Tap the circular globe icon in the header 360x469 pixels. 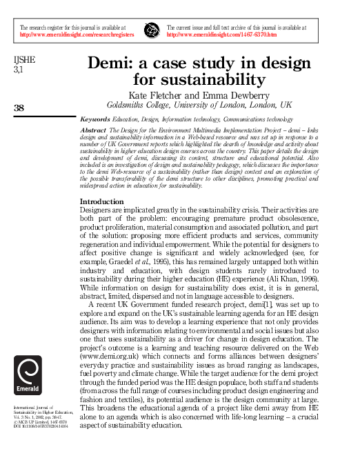(151, 30)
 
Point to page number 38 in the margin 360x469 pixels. (19, 107)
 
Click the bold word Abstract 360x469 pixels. (93, 130)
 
